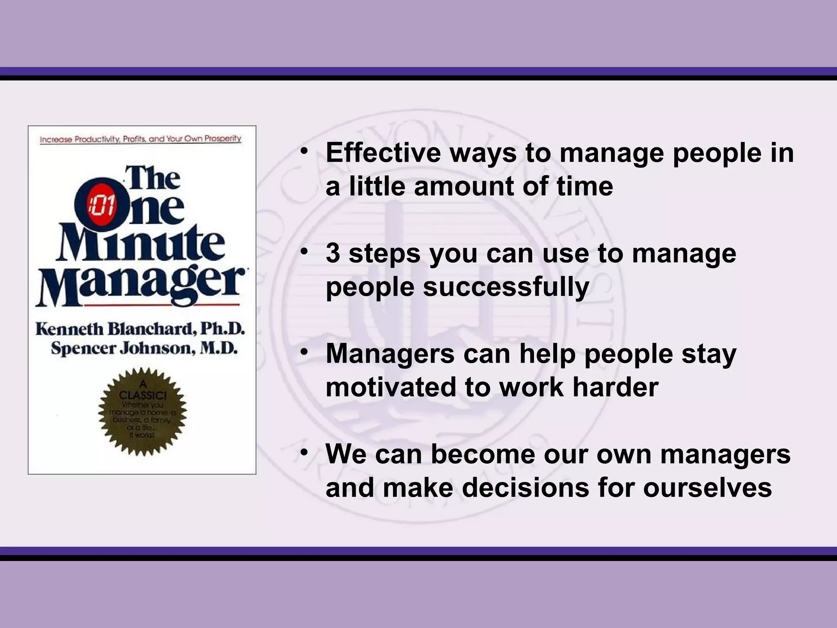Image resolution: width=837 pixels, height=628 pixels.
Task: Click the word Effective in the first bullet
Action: pos(383,153)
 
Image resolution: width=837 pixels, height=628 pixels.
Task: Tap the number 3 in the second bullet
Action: pos(333,253)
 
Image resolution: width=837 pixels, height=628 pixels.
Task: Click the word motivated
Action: pos(391,387)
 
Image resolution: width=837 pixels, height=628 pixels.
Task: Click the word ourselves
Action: pos(707,488)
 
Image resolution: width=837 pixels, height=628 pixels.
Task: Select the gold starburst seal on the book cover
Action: pos(142,412)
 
